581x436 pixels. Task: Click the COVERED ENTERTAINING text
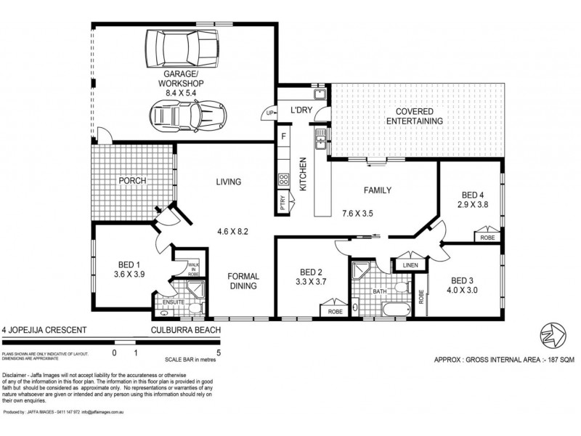click(x=415, y=116)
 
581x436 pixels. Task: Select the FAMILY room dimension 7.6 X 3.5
click(x=368, y=214)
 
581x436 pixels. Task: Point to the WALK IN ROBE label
click(x=193, y=269)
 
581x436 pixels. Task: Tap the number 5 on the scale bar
click(x=219, y=352)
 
